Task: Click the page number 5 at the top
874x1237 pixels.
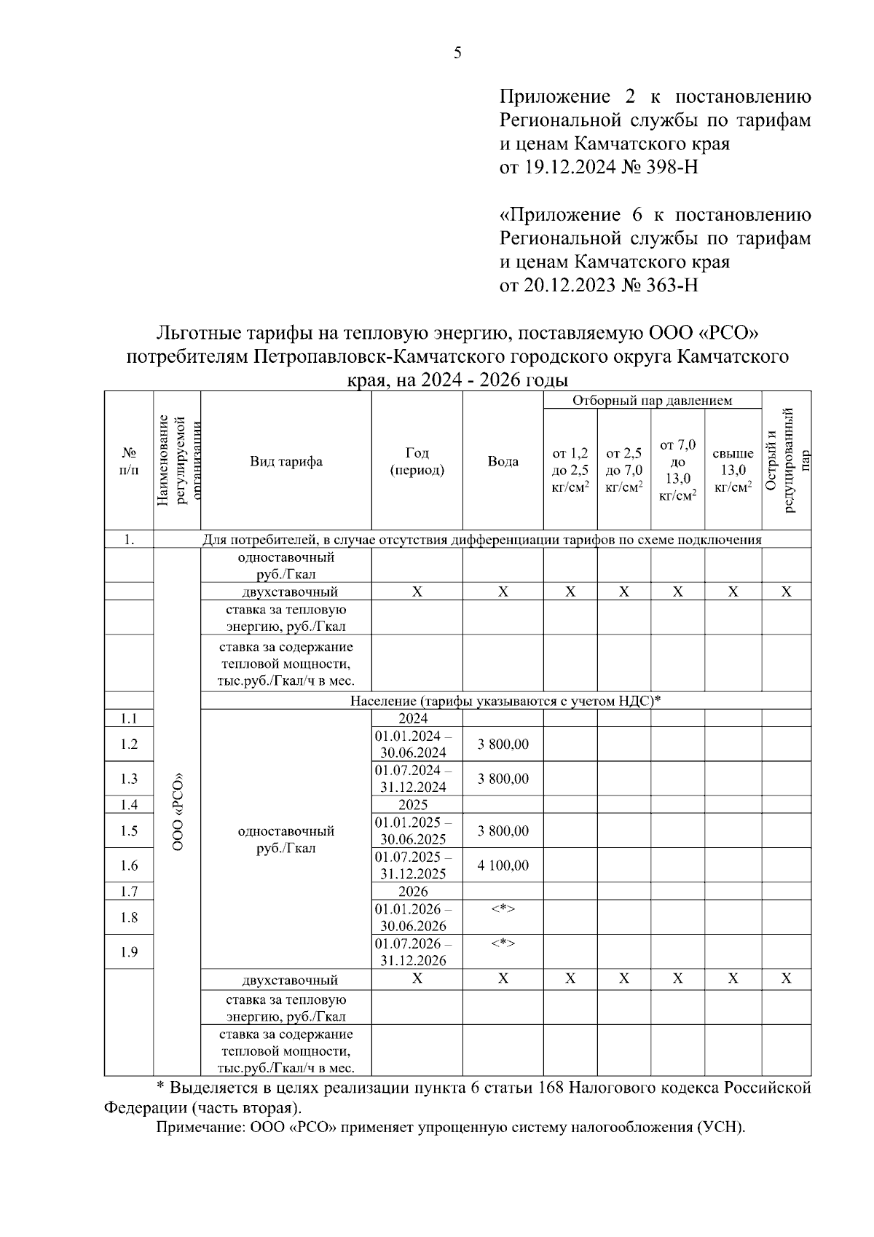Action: [457, 52]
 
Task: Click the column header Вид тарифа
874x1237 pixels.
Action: [286, 461]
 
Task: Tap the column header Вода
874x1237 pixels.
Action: [503, 461]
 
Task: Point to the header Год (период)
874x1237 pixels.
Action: [417, 461]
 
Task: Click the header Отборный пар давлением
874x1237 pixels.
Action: [652, 401]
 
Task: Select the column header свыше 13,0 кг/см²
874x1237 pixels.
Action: [733, 470]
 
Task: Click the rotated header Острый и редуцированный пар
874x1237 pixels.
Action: [786, 461]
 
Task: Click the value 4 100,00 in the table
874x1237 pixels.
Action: [503, 865]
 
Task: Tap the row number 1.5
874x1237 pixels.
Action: [129, 830]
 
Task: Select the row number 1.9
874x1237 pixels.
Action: [129, 952]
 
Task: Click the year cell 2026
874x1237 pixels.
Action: [413, 892]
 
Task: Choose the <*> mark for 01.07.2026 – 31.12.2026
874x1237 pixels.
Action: [503, 943]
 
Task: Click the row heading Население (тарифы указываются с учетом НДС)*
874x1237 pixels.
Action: [505, 701]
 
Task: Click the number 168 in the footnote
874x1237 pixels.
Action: [551, 1088]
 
